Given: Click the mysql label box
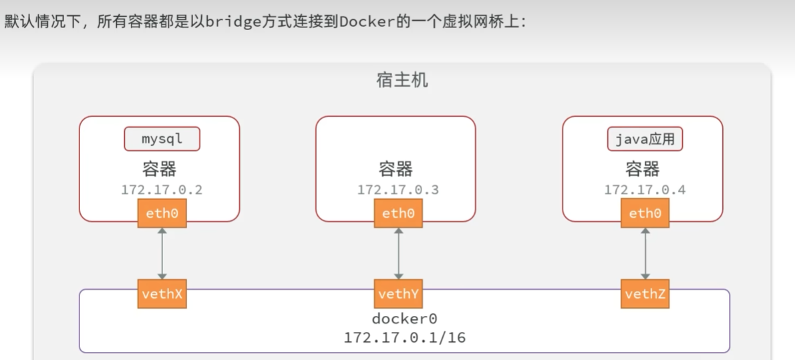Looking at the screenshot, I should tap(162, 140).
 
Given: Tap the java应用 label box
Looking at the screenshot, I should tap(645, 140).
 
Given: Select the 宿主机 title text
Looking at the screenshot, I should tap(402, 81).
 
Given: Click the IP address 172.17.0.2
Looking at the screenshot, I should tap(162, 190).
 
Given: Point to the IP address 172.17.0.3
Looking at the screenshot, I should tap(398, 190).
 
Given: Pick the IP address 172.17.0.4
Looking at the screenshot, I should tap(645, 190).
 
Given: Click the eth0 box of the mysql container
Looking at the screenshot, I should tap(162, 214).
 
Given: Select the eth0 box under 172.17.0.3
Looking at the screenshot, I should tap(398, 214).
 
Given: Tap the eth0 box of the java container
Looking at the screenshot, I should tap(645, 214).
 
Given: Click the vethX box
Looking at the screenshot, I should tap(162, 294).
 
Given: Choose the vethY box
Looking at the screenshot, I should tap(398, 294).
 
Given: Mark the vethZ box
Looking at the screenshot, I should tap(645, 294).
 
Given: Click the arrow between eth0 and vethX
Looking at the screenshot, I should tap(162, 254).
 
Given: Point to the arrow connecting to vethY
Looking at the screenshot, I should tap(398, 254).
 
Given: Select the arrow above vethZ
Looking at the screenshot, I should tap(645, 254).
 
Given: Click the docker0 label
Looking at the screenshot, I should tap(404, 319).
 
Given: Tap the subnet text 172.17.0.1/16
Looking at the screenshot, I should tap(404, 337).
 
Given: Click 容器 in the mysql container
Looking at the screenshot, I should tap(162, 168).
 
